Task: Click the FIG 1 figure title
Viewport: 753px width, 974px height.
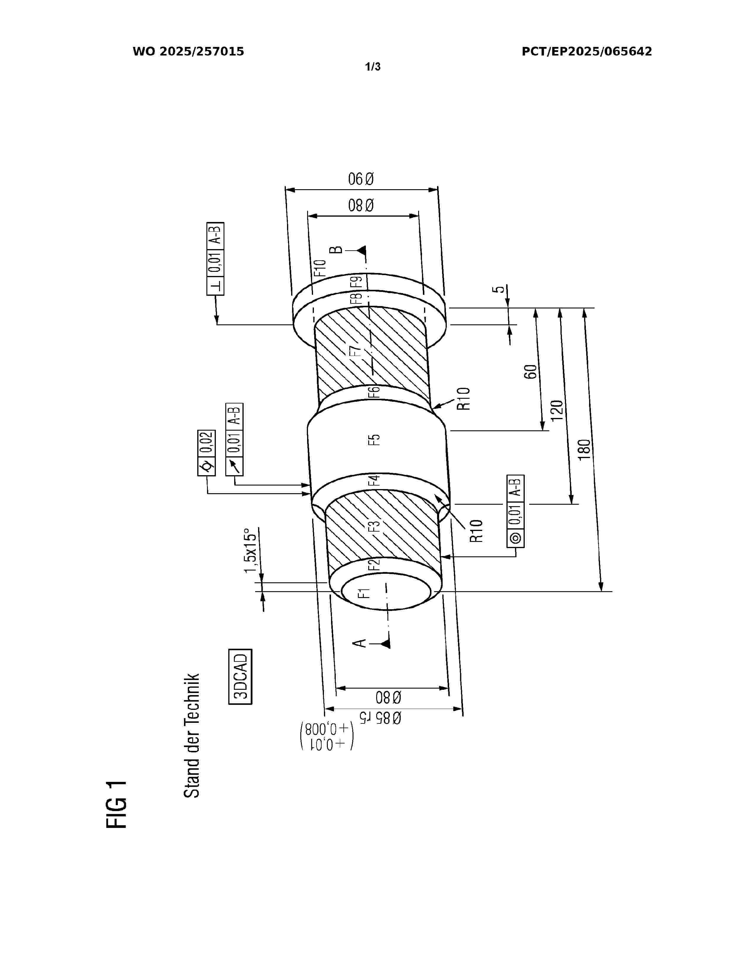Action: pyautogui.click(x=117, y=805)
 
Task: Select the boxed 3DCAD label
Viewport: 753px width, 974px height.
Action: pyautogui.click(x=240, y=676)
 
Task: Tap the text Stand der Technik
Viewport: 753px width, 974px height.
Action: pyautogui.click(x=192, y=736)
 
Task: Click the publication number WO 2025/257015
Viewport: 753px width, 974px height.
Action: pyautogui.click(x=188, y=52)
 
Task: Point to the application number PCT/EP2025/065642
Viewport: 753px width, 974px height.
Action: pyautogui.click(x=587, y=52)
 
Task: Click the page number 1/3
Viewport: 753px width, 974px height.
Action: pyautogui.click(x=373, y=67)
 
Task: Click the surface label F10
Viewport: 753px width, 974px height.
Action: pyautogui.click(x=320, y=268)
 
